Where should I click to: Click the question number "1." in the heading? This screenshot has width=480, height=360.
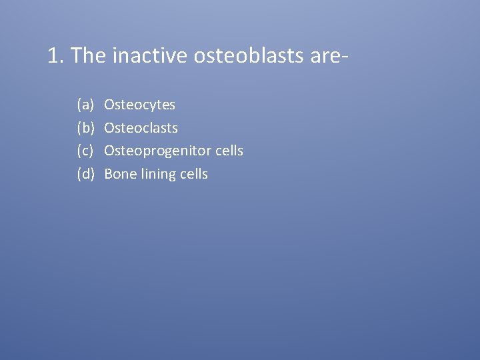pyautogui.click(x=56, y=56)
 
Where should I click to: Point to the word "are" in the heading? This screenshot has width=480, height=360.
pyautogui.click(x=325, y=57)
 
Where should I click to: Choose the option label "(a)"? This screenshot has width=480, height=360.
pyautogui.click(x=85, y=105)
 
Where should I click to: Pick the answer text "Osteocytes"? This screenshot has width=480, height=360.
pyautogui.click(x=140, y=105)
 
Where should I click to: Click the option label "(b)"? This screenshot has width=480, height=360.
pyautogui.click(x=85, y=128)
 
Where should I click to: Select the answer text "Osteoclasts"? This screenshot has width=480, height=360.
pyautogui.click(x=141, y=128)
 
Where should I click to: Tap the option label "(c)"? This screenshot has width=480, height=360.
pyautogui.click(x=85, y=151)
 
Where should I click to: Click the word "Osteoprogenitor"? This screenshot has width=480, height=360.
pyautogui.click(x=157, y=151)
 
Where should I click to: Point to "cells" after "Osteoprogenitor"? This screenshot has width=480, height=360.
pyautogui.click(x=229, y=151)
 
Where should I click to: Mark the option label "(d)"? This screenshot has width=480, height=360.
pyautogui.click(x=85, y=174)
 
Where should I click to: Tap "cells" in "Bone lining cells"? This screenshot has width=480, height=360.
pyautogui.click(x=194, y=174)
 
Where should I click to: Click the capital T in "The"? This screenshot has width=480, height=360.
pyautogui.click(x=75, y=56)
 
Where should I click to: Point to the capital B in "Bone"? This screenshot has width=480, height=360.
pyautogui.click(x=109, y=174)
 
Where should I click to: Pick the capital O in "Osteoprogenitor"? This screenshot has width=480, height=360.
pyautogui.click(x=110, y=151)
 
